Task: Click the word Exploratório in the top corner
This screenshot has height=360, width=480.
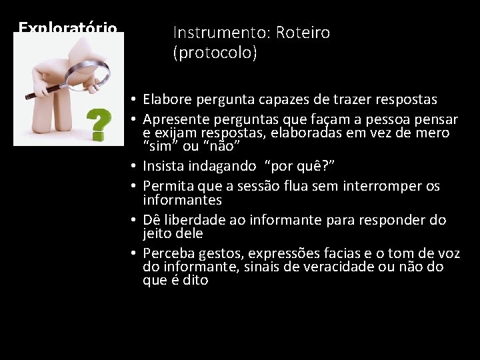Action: click(x=68, y=28)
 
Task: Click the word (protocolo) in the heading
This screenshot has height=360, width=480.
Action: click(x=215, y=53)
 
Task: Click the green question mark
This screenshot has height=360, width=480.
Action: click(x=98, y=125)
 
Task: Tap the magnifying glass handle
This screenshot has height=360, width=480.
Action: click(x=44, y=91)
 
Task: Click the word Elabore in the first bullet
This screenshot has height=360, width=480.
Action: click(x=166, y=99)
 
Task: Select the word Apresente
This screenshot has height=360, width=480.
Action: click(x=173, y=119)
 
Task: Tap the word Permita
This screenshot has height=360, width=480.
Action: click(x=167, y=186)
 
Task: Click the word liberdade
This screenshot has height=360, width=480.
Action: click(x=193, y=220)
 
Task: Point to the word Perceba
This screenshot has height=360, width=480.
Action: click(x=167, y=253)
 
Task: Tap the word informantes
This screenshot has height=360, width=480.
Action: click(x=182, y=200)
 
